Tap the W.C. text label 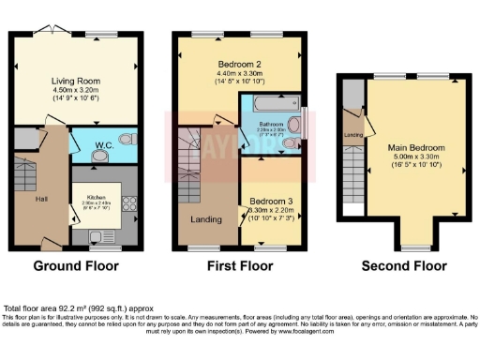coord(103,145)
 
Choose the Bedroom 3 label coord(267,202)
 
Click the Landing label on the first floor coord(205,220)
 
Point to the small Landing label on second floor coord(353,134)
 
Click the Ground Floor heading coord(76,266)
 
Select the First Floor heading coord(238,266)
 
